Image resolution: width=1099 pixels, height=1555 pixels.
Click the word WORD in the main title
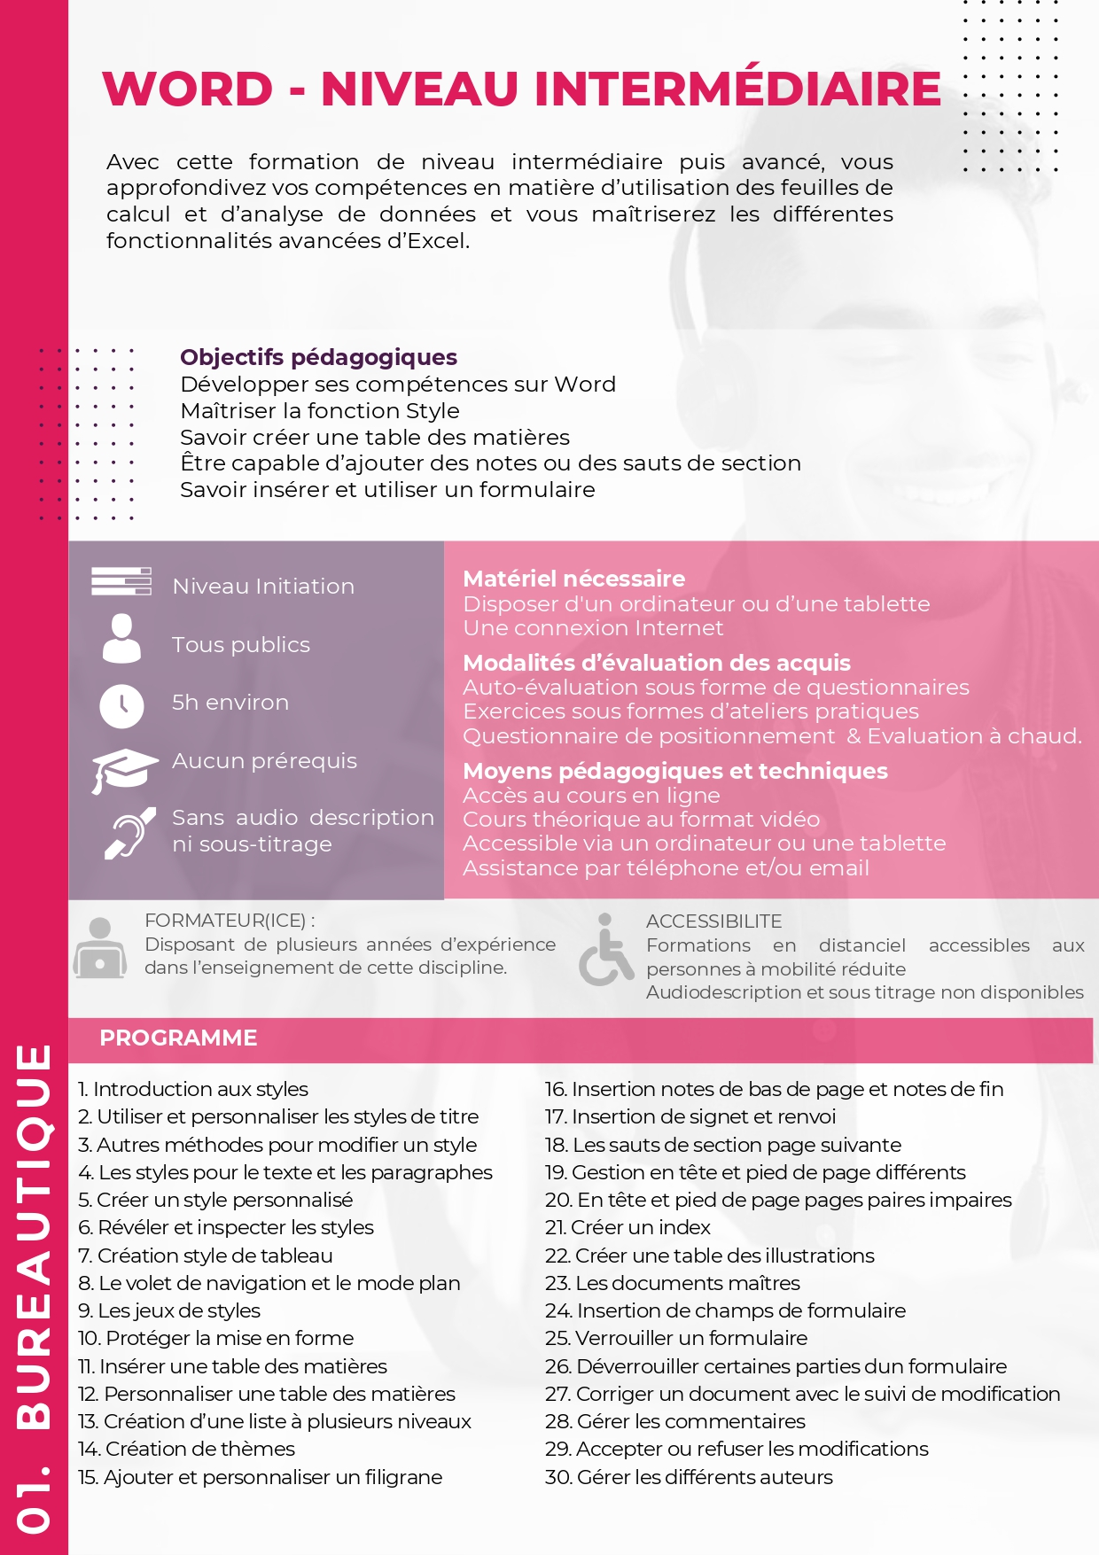[x=188, y=89]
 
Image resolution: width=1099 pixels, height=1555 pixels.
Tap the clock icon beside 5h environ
[x=121, y=705]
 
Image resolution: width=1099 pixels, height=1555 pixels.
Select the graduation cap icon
[x=123, y=769]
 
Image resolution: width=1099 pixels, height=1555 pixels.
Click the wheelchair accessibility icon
[x=605, y=952]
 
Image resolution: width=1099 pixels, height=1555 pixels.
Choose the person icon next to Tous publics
[x=121, y=639]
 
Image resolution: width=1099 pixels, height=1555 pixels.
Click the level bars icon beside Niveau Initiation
[x=121, y=581]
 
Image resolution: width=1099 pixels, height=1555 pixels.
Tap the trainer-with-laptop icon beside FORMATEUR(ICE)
[x=100, y=948]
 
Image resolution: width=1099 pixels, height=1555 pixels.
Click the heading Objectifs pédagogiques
[x=318, y=357]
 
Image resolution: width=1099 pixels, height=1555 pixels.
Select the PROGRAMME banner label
[x=178, y=1038]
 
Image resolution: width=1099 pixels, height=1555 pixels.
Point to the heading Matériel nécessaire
[x=573, y=579]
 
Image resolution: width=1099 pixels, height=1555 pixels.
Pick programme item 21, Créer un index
[x=627, y=1227]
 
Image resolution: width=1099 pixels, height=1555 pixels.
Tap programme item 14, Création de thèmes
[x=186, y=1449]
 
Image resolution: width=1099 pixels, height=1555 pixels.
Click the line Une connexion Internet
[x=592, y=628]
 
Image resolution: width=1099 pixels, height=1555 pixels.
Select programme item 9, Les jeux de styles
[x=169, y=1310]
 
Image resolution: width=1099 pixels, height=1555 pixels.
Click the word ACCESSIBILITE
[x=713, y=921]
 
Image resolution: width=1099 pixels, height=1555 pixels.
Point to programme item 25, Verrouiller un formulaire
[x=676, y=1338]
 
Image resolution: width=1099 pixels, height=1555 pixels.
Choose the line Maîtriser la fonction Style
[x=319, y=410]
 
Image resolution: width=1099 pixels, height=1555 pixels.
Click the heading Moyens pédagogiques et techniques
[x=674, y=771]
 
